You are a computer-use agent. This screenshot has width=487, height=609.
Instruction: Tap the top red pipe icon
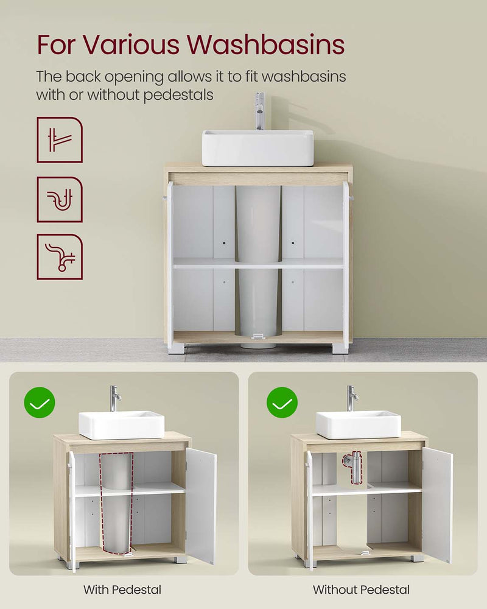pos(60,139)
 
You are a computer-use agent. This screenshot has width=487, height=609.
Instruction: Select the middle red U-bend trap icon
pos(60,199)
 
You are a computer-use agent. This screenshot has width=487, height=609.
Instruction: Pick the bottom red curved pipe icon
pos(60,256)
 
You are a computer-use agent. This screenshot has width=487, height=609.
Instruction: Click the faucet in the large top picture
pos(260,110)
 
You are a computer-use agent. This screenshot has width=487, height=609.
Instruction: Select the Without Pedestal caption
pos(361,590)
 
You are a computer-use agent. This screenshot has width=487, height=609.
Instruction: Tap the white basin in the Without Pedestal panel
pos(358,424)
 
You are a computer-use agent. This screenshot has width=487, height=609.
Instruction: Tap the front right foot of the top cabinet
pos(340,348)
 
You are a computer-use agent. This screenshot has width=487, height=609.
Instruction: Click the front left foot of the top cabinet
pos(177,348)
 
